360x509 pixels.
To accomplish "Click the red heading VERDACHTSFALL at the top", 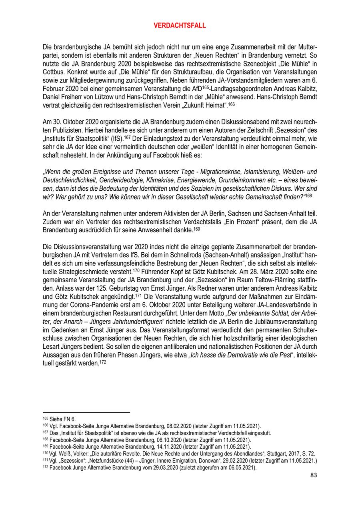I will point(180,26).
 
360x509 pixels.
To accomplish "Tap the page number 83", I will point(314,475).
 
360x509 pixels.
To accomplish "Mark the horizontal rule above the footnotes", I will point(86,412).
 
